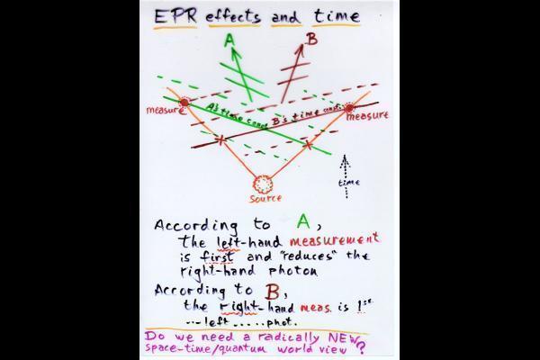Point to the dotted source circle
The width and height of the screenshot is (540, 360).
pos(265,183)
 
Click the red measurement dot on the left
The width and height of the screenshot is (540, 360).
pos(185,103)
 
